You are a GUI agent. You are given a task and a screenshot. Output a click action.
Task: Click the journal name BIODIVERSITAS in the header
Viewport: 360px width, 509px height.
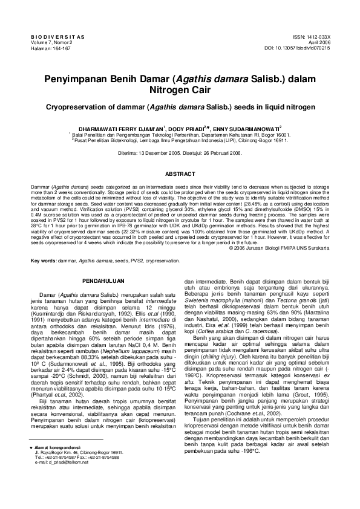click(x=57, y=37)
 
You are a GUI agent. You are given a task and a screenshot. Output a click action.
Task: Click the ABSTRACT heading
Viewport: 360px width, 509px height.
click(x=180, y=174)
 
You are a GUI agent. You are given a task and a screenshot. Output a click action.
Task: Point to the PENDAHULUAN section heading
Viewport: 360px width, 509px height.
click(x=103, y=282)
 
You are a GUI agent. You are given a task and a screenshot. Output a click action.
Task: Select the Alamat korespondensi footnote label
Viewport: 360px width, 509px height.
click(x=61, y=465)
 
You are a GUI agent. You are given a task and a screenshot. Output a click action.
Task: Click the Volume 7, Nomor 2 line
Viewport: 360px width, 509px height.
click(x=51, y=42)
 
